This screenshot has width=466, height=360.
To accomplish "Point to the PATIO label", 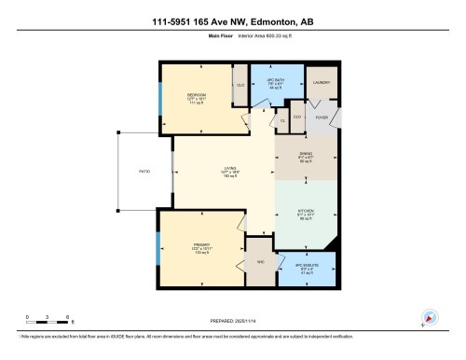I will point(144,172).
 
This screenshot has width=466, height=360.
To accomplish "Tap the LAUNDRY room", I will point(322,82).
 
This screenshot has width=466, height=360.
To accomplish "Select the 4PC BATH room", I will point(275,82).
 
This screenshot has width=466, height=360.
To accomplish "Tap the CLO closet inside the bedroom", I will point(240,85).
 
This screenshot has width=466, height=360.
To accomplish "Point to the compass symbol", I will point(429,317).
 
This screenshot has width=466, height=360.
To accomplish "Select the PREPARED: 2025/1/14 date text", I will point(232,318).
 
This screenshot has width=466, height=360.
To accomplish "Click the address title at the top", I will point(232,21).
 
